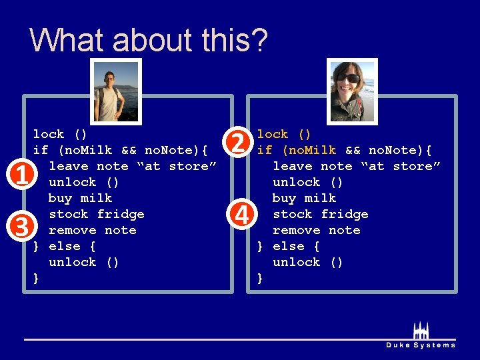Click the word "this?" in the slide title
click(227, 40)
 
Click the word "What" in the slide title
click(68, 40)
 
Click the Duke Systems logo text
click(421, 345)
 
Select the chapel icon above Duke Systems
click(421, 331)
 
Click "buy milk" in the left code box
click(80, 198)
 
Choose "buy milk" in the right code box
click(304, 198)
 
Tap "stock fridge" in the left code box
click(96, 214)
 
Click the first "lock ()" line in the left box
click(60, 134)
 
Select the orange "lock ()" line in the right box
click(284, 134)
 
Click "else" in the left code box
click(65, 246)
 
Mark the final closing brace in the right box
click(260, 279)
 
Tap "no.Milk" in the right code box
click(309, 150)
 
